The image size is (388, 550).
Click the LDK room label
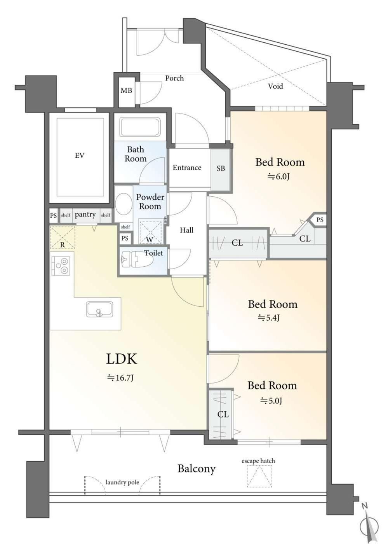tap(121, 359)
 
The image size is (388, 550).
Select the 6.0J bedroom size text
tap(278, 176)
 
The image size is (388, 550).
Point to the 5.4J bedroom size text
tap(268, 318)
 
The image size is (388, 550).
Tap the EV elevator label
tap(80, 155)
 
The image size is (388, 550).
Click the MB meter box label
tap(126, 91)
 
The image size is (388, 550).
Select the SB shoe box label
tap(221, 168)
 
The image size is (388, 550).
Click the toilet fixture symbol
tap(137, 260)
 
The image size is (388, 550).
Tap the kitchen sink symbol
tap(99, 309)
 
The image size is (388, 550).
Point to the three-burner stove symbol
tap(61, 265)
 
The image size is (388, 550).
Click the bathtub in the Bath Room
tap(140, 127)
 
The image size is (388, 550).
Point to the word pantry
tap(85, 215)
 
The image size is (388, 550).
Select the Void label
tap(275, 86)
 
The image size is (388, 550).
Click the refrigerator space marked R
tap(62, 237)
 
